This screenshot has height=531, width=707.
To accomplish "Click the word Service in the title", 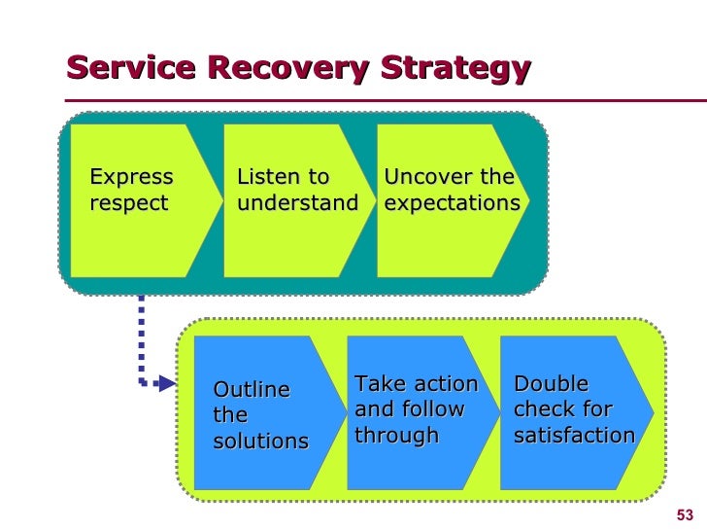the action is [131, 67].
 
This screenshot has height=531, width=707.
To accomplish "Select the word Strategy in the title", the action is [455, 69].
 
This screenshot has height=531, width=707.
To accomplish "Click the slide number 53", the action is [685, 514].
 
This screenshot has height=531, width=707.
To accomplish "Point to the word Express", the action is [131, 177].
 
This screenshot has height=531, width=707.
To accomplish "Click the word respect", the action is [129, 203].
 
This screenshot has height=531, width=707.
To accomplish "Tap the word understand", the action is [297, 202].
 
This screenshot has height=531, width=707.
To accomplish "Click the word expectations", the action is [453, 203].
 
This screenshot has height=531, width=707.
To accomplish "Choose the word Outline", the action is [252, 389].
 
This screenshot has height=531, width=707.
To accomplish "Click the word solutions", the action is [261, 441].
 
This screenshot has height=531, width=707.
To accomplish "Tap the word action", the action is [447, 384].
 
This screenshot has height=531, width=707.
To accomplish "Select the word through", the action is [397, 436].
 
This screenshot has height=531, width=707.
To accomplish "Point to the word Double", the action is [551, 384].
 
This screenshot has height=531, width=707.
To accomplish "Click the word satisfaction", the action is [575, 436].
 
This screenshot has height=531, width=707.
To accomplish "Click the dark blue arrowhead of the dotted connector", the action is [167, 384].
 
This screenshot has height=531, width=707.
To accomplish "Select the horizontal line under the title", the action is [386, 101].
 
